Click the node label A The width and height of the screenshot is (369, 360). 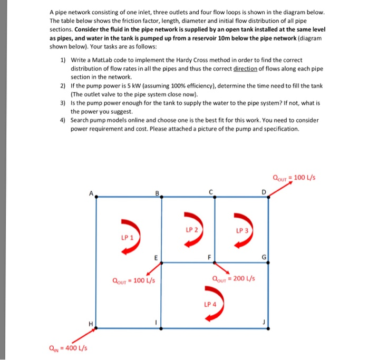pos(90,193)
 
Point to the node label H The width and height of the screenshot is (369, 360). pos(90,323)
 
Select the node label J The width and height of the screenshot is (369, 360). pos(273,323)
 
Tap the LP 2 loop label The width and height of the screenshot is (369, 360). pos(192,230)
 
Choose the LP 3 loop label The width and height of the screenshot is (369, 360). pos(242,230)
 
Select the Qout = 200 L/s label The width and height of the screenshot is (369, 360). pos(233,279)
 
